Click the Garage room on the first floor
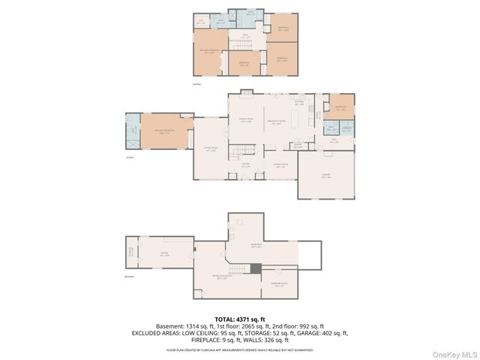pos(326,177)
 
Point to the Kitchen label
pos(298,103)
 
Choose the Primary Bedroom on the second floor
pos(209,52)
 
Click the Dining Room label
pos(280,166)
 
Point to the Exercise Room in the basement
pos(279,284)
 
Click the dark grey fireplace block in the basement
pos(256,268)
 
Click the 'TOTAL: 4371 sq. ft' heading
pos(240,319)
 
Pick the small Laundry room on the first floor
pos(346,128)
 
